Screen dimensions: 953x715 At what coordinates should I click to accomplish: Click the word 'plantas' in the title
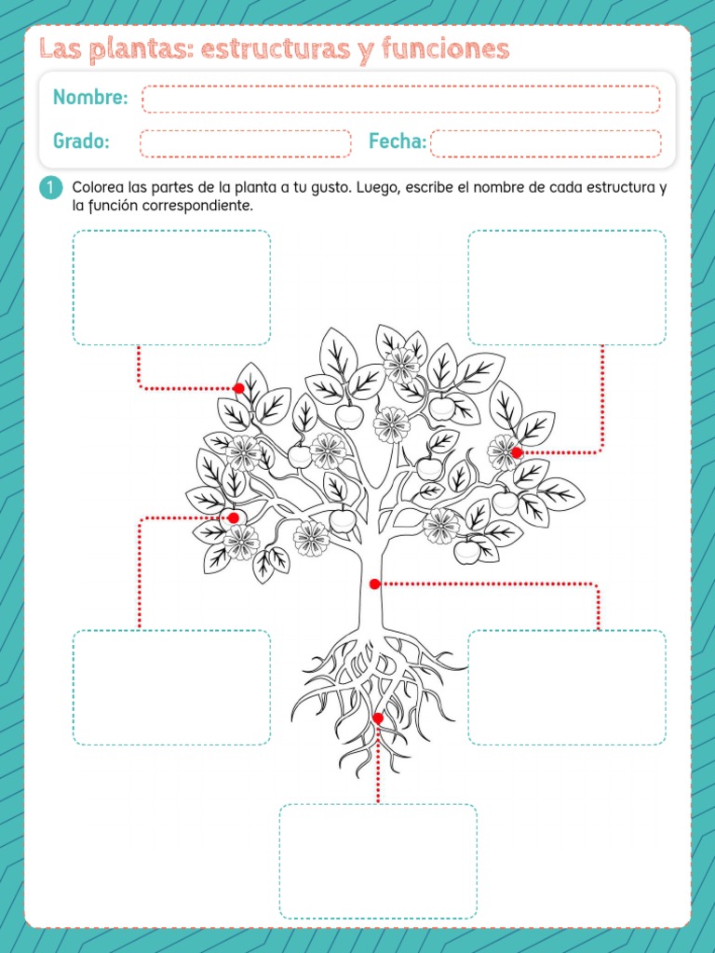click(x=140, y=49)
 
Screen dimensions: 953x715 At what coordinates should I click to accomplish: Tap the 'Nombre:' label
click(x=90, y=97)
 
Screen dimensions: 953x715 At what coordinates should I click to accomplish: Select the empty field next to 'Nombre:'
click(x=400, y=99)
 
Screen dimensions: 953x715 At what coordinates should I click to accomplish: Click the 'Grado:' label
click(x=81, y=141)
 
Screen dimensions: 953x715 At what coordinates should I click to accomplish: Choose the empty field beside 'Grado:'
click(x=245, y=143)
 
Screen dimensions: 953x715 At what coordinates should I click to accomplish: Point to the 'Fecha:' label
click(x=398, y=141)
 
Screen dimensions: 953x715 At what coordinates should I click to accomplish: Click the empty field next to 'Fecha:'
click(x=546, y=143)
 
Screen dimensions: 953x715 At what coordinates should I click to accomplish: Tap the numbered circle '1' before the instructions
click(x=50, y=187)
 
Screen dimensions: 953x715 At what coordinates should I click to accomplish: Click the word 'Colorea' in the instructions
click(x=98, y=187)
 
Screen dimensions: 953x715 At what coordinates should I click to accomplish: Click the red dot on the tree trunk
click(x=374, y=584)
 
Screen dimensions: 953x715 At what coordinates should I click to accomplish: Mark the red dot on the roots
click(x=378, y=718)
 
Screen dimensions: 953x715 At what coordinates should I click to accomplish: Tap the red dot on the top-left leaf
click(x=239, y=388)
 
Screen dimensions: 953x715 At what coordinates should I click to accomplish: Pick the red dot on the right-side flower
click(x=517, y=452)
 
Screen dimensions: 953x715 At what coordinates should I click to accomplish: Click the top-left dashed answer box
click(x=171, y=288)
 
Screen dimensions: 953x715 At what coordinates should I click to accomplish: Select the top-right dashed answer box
click(x=566, y=288)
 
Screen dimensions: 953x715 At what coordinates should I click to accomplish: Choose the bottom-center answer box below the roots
click(x=378, y=861)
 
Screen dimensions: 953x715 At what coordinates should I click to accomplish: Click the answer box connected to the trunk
click(x=566, y=688)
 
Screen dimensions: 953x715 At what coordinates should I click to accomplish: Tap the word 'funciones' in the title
click(x=445, y=49)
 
